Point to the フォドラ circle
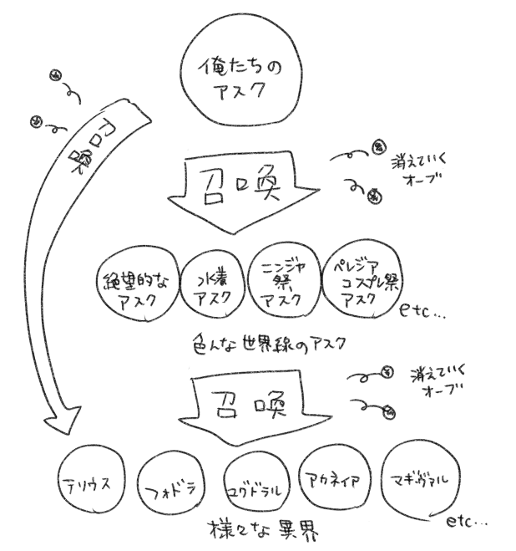[x=173, y=487]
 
